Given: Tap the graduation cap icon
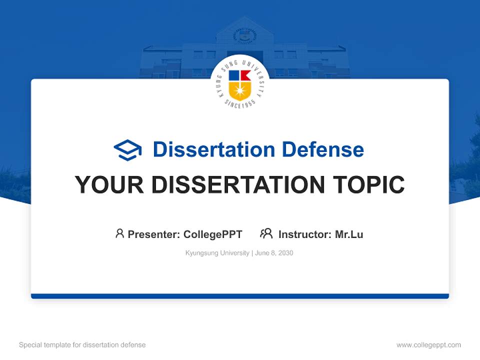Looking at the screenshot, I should pos(127,150).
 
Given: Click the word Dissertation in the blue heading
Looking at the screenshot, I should pos(213,149).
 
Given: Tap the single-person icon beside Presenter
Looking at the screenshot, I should pos(119,233).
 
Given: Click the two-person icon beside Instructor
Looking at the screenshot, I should pos(266,233).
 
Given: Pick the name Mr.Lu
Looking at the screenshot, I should pos(349,234).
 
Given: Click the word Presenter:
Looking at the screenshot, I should pos(154,234).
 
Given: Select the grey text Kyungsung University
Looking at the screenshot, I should pos(217,253).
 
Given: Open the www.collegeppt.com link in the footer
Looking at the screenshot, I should pos(428,345).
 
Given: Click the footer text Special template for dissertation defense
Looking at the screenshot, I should pos(82,345).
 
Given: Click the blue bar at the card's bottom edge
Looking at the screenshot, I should pos(239,296).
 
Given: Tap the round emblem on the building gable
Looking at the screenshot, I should pos(244,35).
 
